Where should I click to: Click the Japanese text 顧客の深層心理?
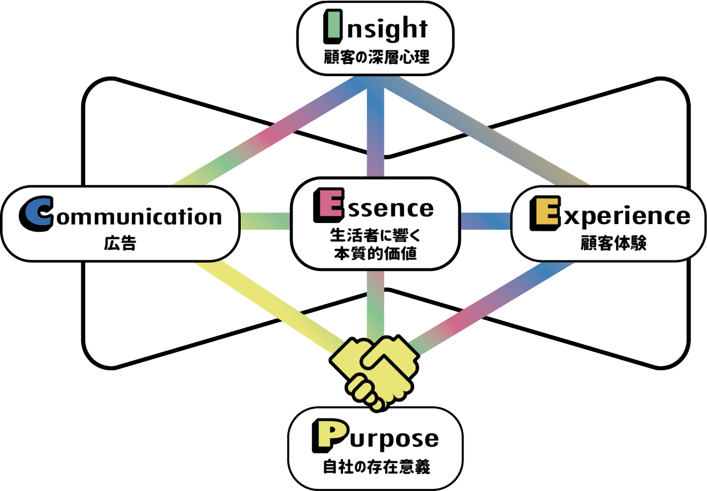[376, 57]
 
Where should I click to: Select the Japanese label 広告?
[119, 243]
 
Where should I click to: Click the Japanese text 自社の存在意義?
[376, 468]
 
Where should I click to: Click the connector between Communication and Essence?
[265, 221]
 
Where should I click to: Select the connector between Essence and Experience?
[486, 221]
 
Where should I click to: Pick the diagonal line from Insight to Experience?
[492, 132]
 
